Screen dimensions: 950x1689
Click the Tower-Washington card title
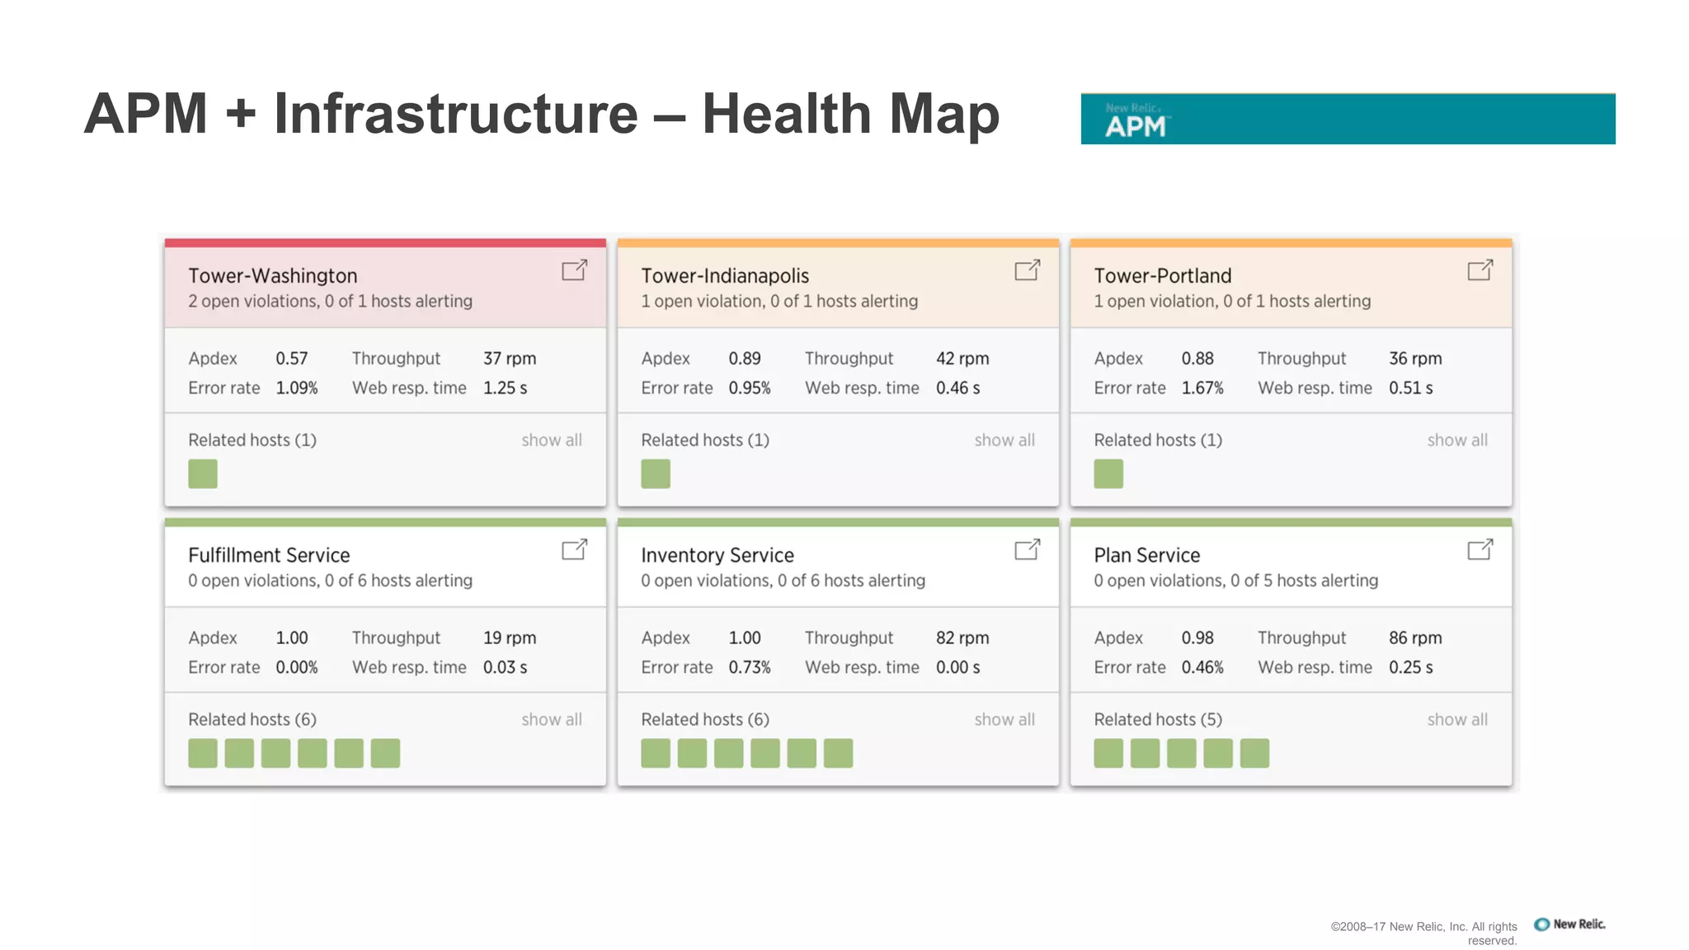point(272,275)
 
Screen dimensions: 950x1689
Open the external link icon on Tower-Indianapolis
point(1027,270)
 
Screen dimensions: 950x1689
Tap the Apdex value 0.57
point(291,359)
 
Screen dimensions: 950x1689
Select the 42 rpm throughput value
point(962,359)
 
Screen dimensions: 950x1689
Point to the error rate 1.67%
point(1202,388)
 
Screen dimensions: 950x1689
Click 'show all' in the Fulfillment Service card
point(551,719)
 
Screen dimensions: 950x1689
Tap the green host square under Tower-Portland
point(1108,474)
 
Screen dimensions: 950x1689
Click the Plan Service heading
point(1146,555)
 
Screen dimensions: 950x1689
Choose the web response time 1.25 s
point(505,388)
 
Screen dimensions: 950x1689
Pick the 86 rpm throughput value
point(1414,637)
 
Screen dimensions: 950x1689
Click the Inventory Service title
point(717,555)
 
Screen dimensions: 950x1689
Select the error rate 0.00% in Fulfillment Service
point(296,667)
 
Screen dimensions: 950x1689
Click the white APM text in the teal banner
point(1136,127)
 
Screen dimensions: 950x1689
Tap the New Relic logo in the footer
point(1569,924)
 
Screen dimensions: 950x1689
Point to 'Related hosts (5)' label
point(1157,719)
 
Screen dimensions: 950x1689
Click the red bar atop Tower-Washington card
point(385,243)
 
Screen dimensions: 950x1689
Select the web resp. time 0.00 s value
point(957,667)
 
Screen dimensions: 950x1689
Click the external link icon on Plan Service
point(1480,549)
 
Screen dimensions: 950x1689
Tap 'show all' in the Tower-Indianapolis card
point(1004,440)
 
